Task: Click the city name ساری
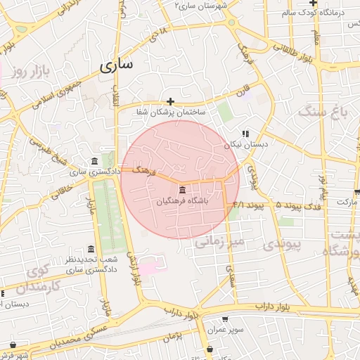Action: [x=116, y=66]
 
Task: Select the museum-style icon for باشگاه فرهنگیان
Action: [x=183, y=191]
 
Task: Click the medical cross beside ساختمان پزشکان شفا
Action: [x=171, y=101]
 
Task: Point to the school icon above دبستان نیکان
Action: [x=245, y=134]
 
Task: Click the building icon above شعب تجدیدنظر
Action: [x=91, y=250]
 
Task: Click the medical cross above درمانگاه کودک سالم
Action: [x=333, y=3]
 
